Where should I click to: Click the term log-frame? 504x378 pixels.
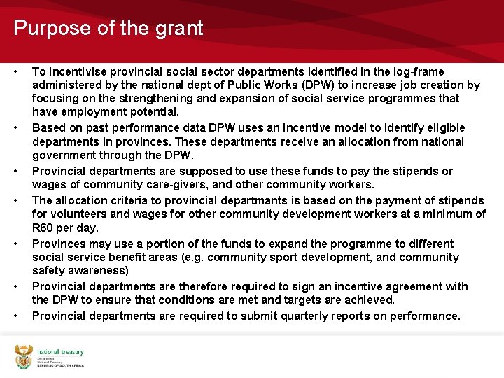pos(418,71)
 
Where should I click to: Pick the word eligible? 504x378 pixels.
pos(444,127)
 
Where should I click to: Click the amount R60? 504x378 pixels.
pos(43,227)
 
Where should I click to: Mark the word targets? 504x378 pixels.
pos(296,300)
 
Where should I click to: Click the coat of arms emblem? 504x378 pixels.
pos(24,357)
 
